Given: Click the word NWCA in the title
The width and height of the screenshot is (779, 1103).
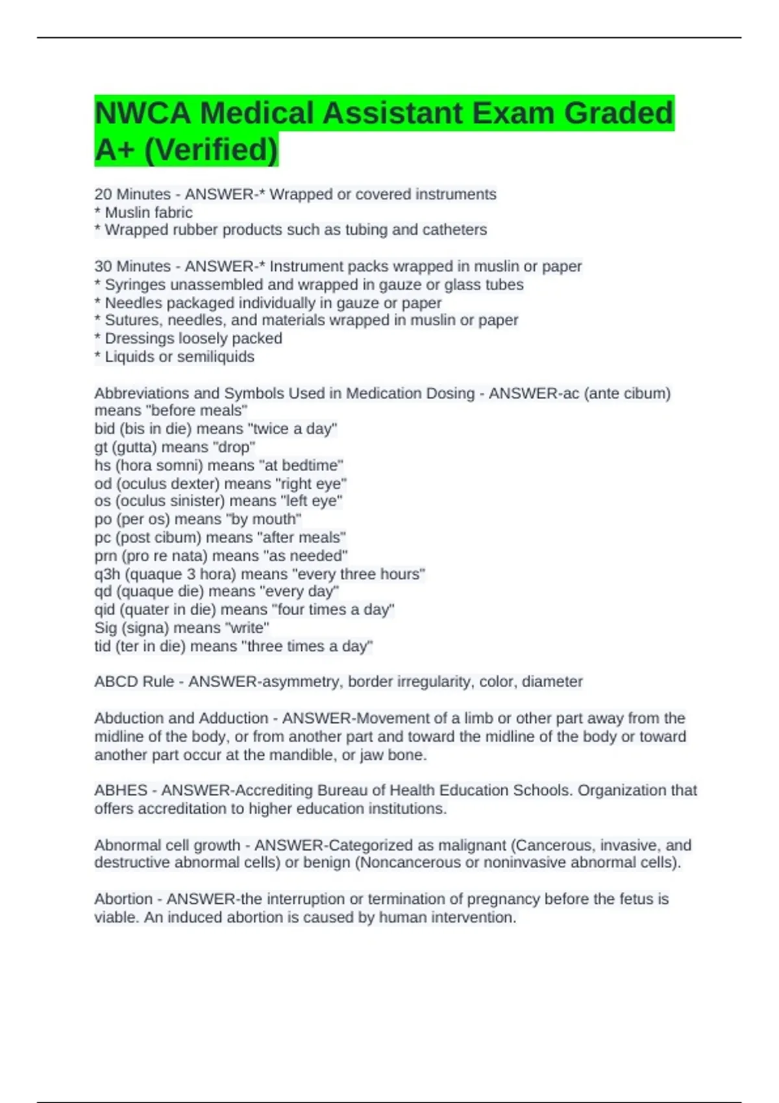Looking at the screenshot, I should (x=142, y=114).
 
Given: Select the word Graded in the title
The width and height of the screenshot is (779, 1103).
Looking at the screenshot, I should (x=618, y=114).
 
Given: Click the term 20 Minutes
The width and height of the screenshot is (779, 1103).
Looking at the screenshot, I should (x=132, y=194).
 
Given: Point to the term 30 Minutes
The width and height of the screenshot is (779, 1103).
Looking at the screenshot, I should (x=132, y=266).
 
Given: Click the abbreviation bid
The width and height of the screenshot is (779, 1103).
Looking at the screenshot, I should (x=104, y=429).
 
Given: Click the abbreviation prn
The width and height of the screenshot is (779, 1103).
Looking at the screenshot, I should (x=105, y=556).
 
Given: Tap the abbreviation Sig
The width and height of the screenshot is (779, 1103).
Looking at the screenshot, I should (x=105, y=628).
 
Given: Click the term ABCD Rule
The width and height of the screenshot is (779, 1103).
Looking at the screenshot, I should (x=134, y=682).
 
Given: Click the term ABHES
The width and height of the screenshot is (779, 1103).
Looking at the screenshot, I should (x=121, y=790).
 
